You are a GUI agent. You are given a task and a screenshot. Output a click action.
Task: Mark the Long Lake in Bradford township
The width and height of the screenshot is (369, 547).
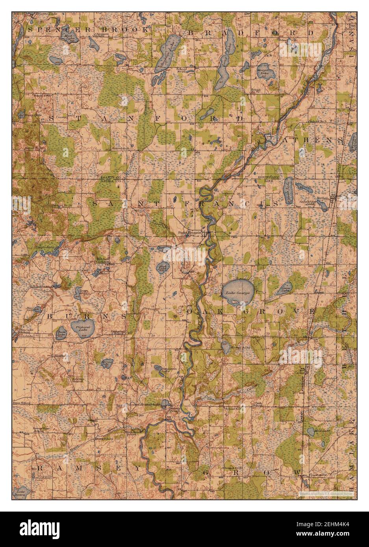point(223,65)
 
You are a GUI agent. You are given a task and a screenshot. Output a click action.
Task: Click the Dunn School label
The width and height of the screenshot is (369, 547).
point(22,404)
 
